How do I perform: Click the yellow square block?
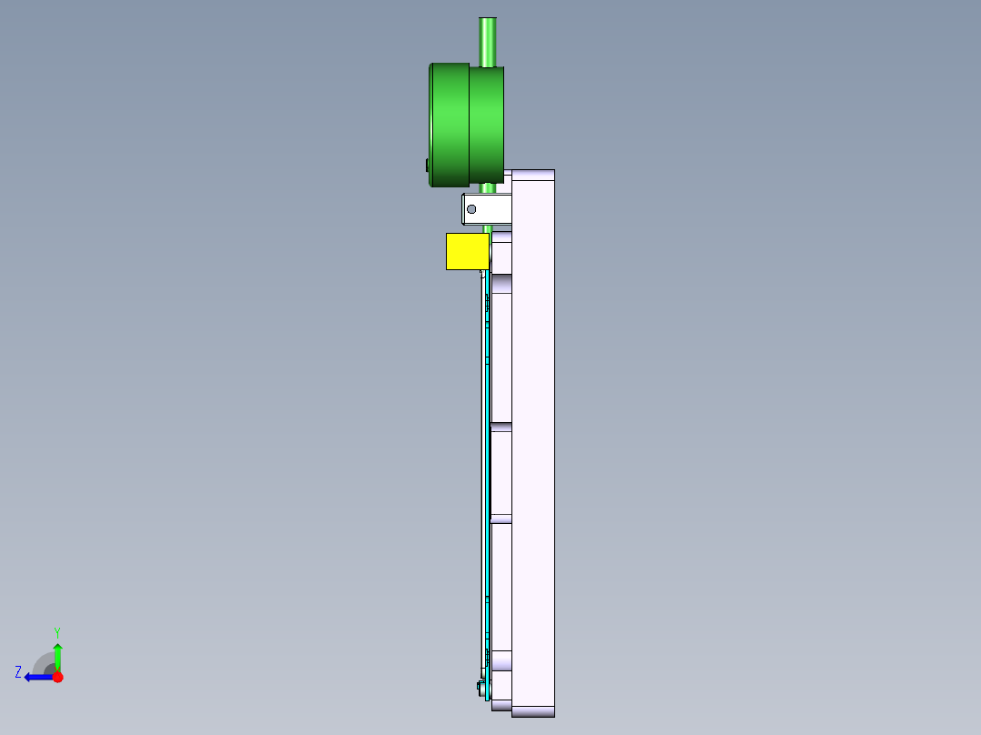pyautogui.click(x=467, y=251)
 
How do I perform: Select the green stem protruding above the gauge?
pyautogui.click(x=488, y=41)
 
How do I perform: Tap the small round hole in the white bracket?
pyautogui.click(x=470, y=209)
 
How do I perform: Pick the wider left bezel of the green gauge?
pyautogui.click(x=449, y=125)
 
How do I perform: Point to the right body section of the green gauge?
pyautogui.click(x=486, y=125)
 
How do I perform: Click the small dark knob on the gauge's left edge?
pyautogui.click(x=427, y=165)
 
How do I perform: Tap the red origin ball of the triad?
pyautogui.click(x=57, y=677)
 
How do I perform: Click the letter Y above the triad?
pyautogui.click(x=56, y=631)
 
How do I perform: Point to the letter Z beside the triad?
pyautogui.click(x=18, y=672)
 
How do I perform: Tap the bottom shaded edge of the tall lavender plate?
pyautogui.click(x=533, y=711)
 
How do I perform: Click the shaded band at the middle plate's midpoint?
pyautogui.click(x=501, y=427)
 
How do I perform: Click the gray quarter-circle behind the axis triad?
pyautogui.click(x=44, y=662)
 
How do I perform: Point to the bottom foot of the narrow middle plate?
pyautogui.click(x=501, y=704)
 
